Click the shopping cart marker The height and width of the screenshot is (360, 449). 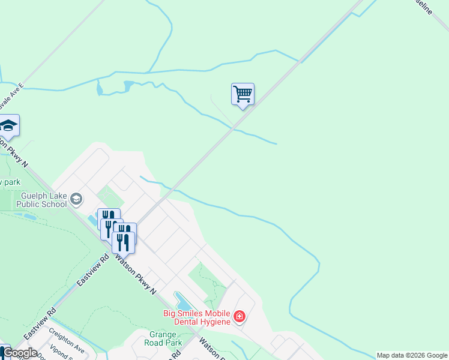243,94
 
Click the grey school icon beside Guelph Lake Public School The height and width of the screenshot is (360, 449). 76,198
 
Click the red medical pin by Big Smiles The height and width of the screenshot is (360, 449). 240,316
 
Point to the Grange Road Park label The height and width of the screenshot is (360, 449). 163,338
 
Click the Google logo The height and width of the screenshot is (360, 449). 20,353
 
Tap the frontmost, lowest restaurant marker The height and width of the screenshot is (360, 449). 122,242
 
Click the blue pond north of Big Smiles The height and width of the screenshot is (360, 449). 182,299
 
